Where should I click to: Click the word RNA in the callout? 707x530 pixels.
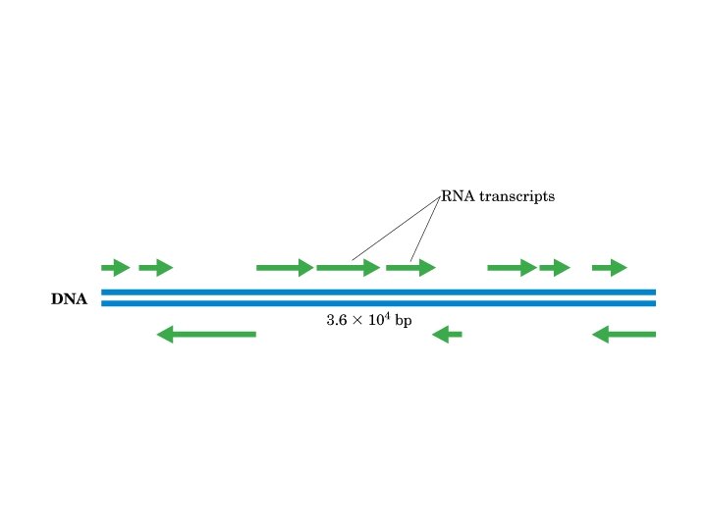point(455,196)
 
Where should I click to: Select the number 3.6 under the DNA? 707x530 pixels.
point(336,320)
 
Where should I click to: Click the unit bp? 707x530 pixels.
point(403,321)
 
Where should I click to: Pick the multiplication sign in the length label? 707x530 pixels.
point(355,321)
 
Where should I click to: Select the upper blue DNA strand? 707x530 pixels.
point(378,291)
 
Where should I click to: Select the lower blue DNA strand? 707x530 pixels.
point(378,303)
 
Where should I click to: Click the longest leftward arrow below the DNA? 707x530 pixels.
point(206,335)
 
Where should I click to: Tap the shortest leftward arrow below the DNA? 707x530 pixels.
point(448,335)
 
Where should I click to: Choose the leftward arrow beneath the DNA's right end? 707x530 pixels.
point(625,335)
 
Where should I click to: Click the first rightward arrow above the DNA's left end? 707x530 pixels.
point(115,267)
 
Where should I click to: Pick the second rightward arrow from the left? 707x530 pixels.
point(155,267)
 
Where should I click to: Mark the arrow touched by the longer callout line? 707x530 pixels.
point(348,267)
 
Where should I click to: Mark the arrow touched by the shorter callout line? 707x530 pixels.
point(410,267)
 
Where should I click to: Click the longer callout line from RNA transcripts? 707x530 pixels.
point(396,229)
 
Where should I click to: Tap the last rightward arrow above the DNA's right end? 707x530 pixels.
point(609,267)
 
